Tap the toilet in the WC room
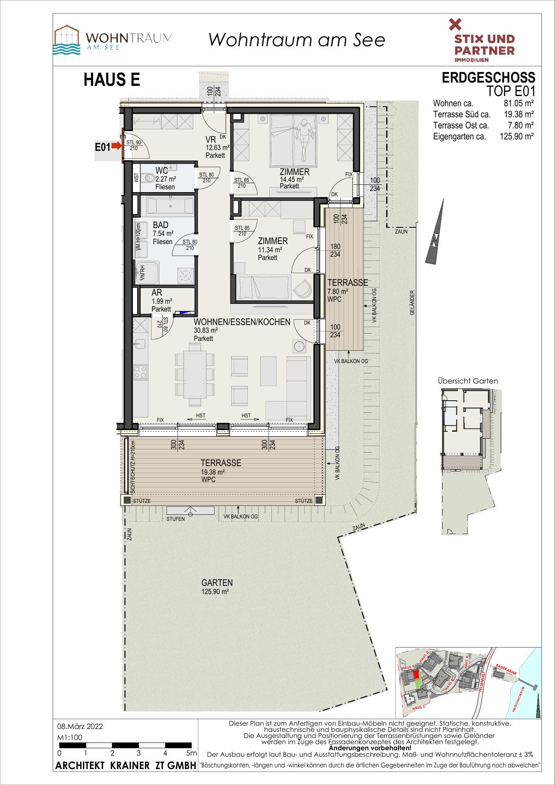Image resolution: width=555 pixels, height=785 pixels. tap(149, 178)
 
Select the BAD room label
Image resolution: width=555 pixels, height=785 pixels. tap(160, 225)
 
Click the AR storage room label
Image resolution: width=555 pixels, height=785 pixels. tap(157, 293)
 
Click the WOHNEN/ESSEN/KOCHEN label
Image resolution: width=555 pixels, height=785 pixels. tap(242, 322)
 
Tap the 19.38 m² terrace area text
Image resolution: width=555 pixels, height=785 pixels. tap(213, 472)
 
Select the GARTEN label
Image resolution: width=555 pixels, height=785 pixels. tap(217, 583)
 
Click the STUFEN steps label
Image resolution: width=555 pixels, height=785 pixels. tap(175, 519)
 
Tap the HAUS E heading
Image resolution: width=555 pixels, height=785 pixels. tap(112, 80)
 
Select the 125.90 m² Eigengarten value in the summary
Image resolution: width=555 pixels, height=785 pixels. tap(517, 137)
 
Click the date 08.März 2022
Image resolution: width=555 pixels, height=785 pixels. tap(80, 727)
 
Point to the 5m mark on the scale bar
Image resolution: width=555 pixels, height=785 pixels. tap(191, 753)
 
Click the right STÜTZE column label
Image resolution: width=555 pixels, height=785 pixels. tap(304, 501)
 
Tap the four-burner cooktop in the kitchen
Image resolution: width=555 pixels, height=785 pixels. tap(140, 372)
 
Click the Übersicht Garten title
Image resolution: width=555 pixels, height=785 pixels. tap(468, 381)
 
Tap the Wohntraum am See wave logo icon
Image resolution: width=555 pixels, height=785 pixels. tap(67, 40)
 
